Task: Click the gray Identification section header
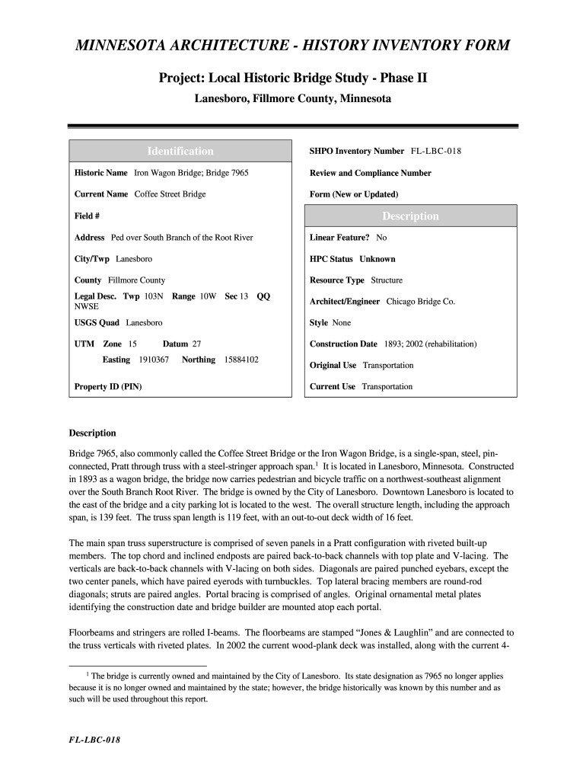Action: pyautogui.click(x=180, y=151)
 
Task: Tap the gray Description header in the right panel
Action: pyautogui.click(x=410, y=216)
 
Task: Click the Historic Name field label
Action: pyautogui.click(x=100, y=173)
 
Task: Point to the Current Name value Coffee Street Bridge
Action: pyautogui.click(x=170, y=194)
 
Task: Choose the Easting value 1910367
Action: pyautogui.click(x=154, y=360)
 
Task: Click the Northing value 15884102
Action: pyautogui.click(x=241, y=360)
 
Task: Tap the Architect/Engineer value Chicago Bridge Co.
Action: pyautogui.click(x=421, y=302)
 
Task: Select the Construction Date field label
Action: pyautogui.click(x=343, y=344)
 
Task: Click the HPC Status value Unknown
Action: pyautogui.click(x=377, y=259)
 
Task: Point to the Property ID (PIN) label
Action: pyautogui.click(x=108, y=387)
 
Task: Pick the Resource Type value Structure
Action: pyautogui.click(x=387, y=280)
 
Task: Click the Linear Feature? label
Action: pyautogui.click(x=339, y=238)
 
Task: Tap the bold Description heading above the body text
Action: pyautogui.click(x=93, y=433)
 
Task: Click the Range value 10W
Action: pyautogui.click(x=208, y=296)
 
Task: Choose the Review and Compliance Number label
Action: pyautogui.click(x=371, y=173)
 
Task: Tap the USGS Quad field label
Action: pyautogui.click(x=97, y=323)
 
